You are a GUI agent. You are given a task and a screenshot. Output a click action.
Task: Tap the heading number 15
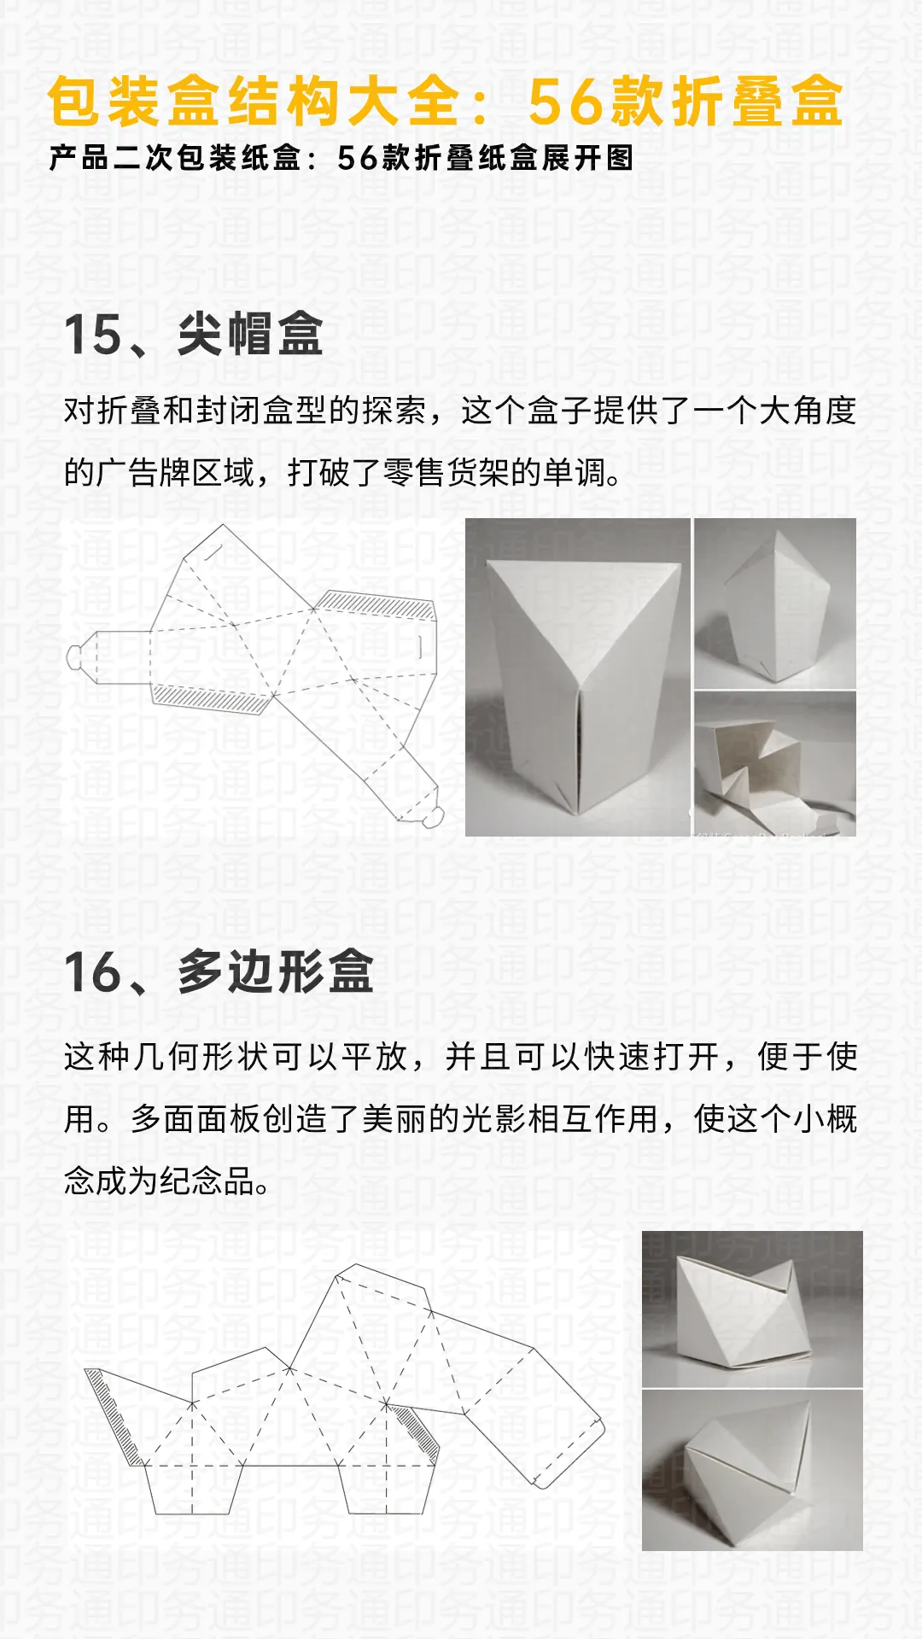(93, 334)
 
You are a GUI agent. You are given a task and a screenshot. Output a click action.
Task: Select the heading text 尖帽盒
(250, 334)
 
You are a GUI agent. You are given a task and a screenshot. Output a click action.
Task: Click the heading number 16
(93, 971)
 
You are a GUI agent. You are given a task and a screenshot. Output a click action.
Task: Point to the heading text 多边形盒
(276, 971)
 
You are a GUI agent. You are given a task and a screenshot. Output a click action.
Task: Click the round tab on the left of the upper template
(75, 656)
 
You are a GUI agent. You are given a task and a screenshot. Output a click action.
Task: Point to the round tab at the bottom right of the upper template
(434, 817)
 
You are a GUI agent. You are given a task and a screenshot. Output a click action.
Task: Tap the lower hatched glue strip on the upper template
(210, 699)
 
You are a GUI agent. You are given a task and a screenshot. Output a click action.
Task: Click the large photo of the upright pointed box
(577, 676)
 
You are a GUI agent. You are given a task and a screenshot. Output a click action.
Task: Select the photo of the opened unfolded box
(774, 763)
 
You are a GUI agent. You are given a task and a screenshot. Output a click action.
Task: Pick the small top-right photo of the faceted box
(774, 603)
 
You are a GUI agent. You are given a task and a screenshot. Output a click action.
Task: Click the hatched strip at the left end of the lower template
(111, 1413)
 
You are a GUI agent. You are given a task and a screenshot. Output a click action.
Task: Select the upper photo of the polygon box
(752, 1308)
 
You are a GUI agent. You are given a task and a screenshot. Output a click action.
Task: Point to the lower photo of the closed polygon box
(752, 1470)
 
